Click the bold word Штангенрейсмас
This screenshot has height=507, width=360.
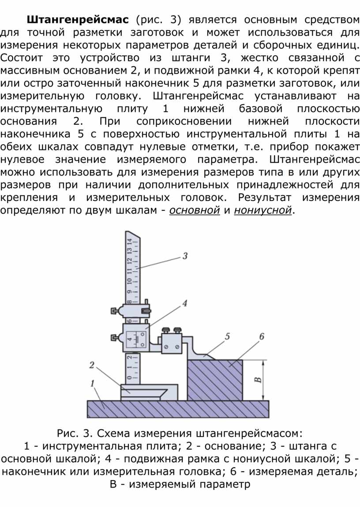[x=78, y=20]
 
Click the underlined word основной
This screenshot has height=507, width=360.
[x=195, y=210]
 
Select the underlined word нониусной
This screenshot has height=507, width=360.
[x=263, y=210]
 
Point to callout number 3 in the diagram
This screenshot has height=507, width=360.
[x=185, y=256]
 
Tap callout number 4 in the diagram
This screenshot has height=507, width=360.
[x=185, y=303]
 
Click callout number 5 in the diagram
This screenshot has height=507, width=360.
[x=227, y=336]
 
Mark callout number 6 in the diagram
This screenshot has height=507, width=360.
[x=262, y=336]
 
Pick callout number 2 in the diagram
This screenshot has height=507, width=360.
[x=92, y=365]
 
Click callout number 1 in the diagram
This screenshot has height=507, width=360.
[x=93, y=384]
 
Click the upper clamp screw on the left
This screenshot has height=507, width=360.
[x=115, y=311]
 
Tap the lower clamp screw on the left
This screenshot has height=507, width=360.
[x=115, y=338]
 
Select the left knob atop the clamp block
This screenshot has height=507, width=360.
[x=166, y=330]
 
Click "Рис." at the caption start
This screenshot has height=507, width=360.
[x=67, y=433]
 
